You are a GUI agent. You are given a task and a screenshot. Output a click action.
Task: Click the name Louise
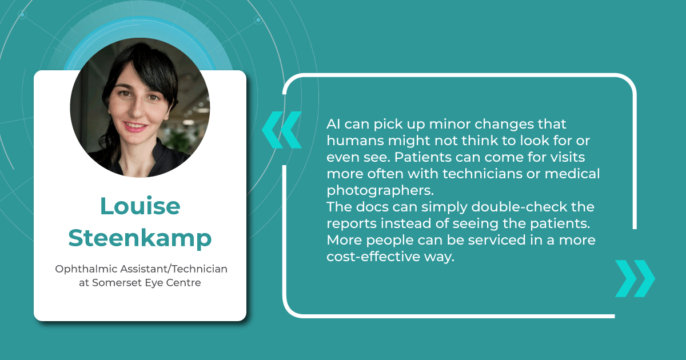tap(140, 206)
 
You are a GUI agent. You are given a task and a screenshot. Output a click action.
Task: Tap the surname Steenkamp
tap(140, 238)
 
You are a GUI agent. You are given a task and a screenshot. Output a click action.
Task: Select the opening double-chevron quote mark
tap(281, 130)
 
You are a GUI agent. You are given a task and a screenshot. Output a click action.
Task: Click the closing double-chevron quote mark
tap(635, 278)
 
